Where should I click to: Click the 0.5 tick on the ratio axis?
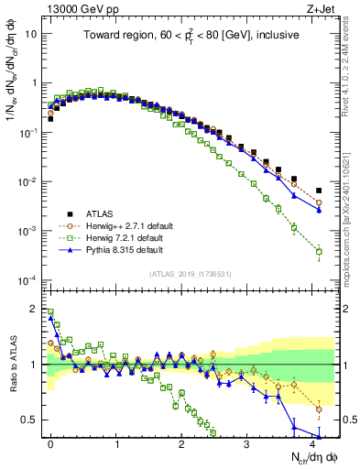(x=34, y=420)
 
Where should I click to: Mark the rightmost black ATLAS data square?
(x=319, y=191)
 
